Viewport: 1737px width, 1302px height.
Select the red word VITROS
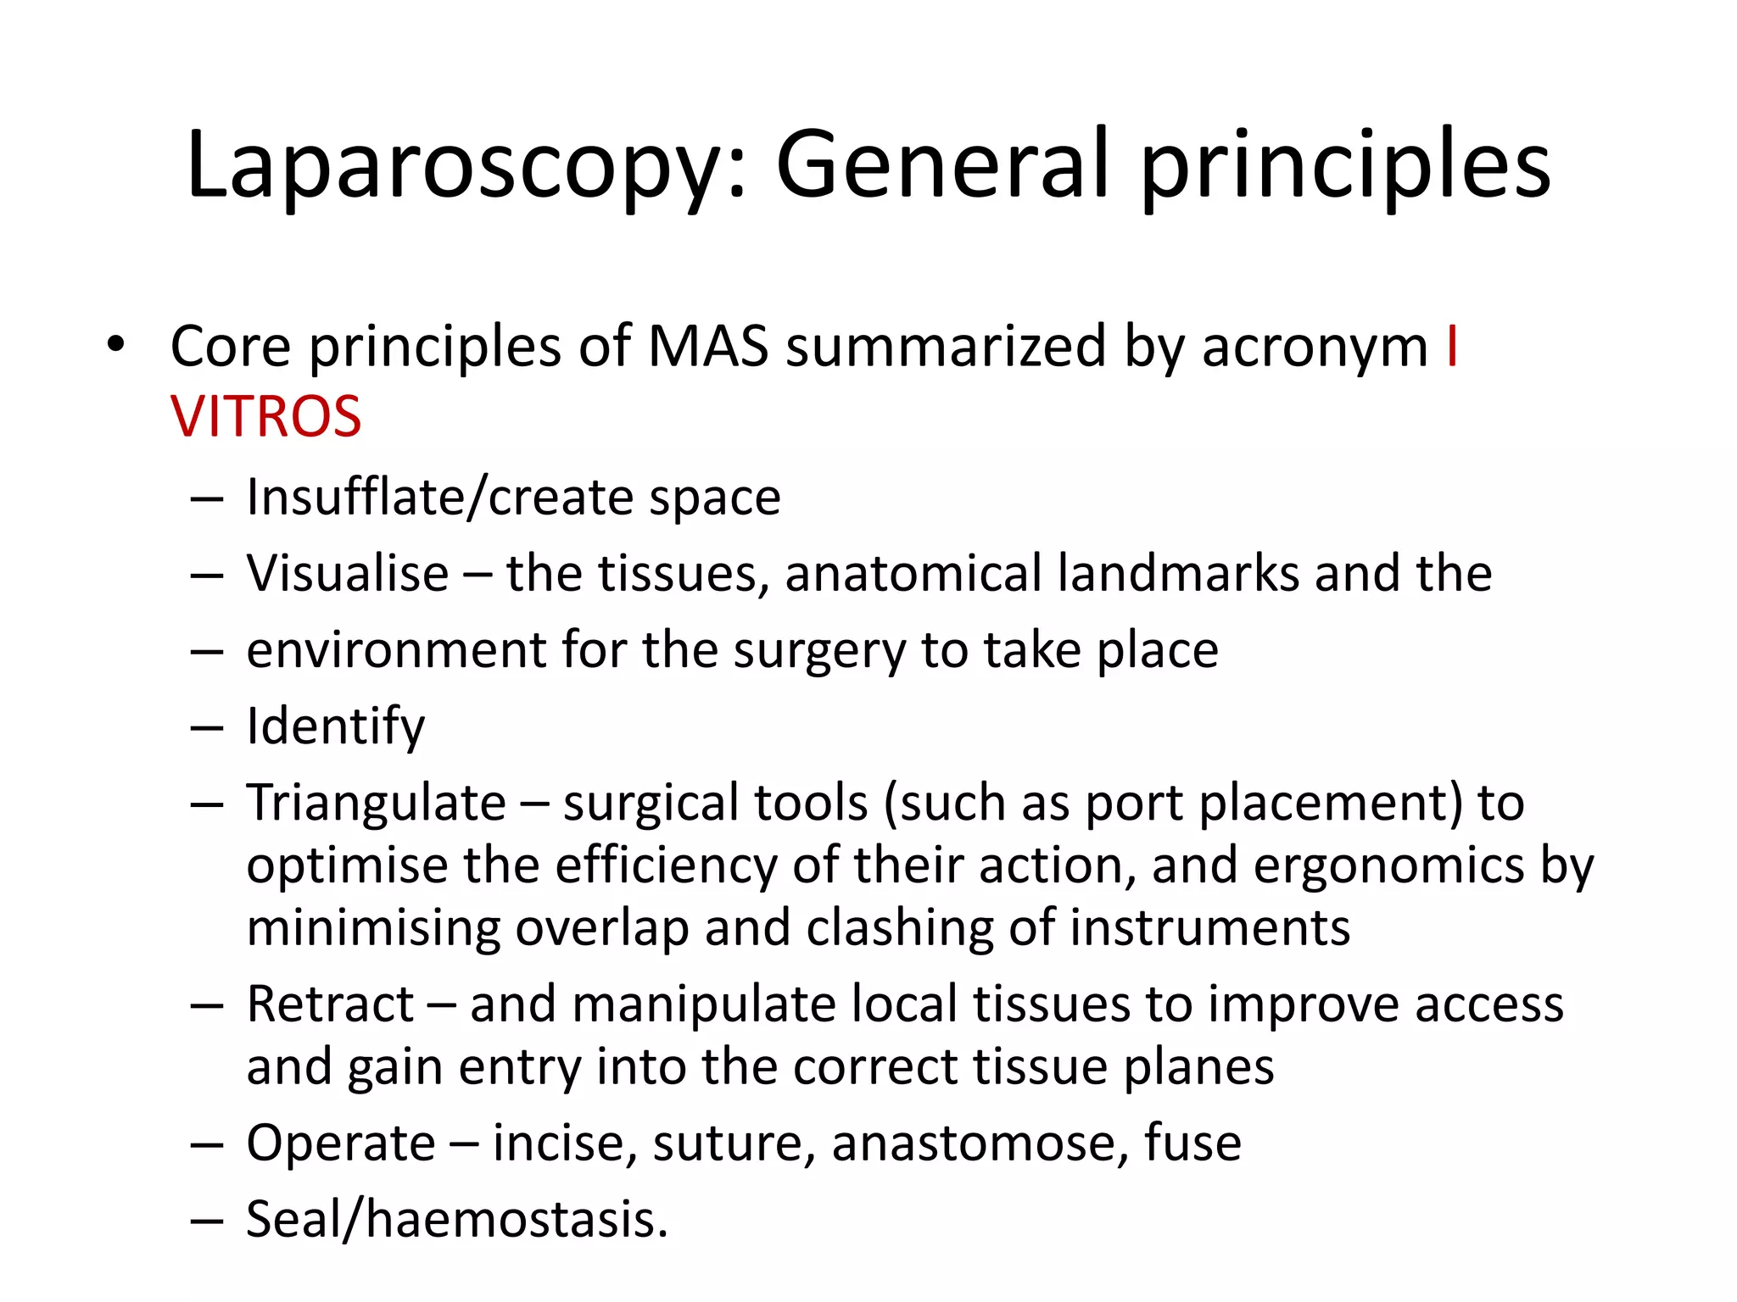click(265, 417)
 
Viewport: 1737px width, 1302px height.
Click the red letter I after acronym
click(1452, 347)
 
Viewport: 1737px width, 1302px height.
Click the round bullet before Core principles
click(115, 345)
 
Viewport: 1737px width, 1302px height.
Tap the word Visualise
click(348, 574)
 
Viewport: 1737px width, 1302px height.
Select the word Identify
click(335, 726)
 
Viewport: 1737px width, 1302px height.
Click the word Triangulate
click(376, 803)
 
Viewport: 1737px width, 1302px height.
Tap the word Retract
click(330, 1004)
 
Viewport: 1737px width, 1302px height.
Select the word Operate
click(340, 1143)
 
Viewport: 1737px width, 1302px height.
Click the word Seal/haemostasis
click(456, 1221)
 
